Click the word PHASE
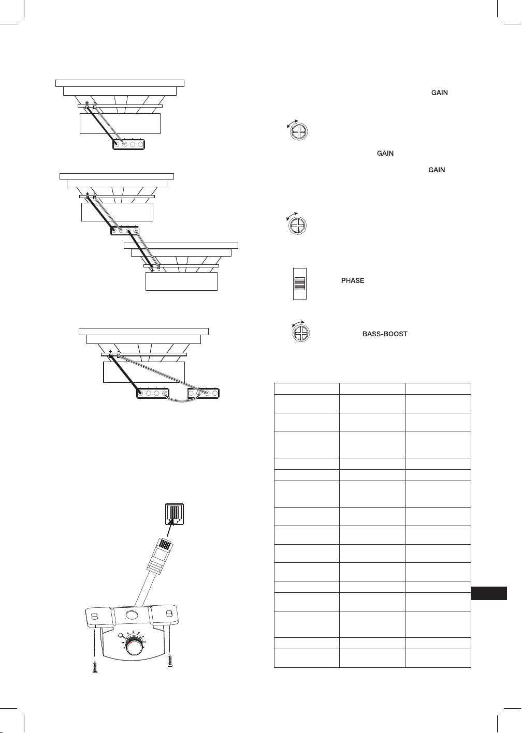353,280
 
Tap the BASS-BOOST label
385,334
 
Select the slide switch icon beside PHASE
299,283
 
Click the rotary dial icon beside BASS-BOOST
301,333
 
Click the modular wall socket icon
175,514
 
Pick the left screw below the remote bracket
95,667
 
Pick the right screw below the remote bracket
170,660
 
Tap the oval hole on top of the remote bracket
132,615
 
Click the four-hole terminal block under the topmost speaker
129,144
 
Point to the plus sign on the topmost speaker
87,103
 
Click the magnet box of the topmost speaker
120,124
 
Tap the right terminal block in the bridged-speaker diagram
203,393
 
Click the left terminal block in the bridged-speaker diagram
153,393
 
